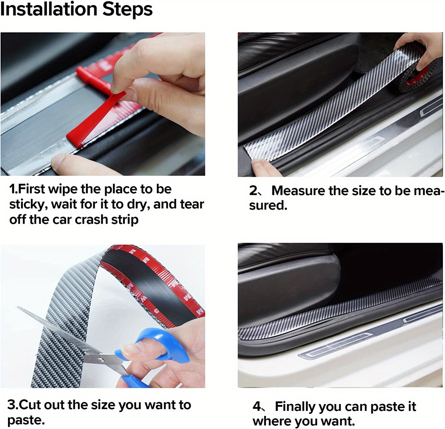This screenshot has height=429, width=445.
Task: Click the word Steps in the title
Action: [128, 9]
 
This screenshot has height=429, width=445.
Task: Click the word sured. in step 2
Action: [268, 206]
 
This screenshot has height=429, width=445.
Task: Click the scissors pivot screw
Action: [101, 360]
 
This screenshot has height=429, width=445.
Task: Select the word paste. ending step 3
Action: [26, 420]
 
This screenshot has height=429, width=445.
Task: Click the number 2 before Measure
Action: [253, 191]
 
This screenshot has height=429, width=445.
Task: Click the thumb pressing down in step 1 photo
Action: [65, 163]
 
